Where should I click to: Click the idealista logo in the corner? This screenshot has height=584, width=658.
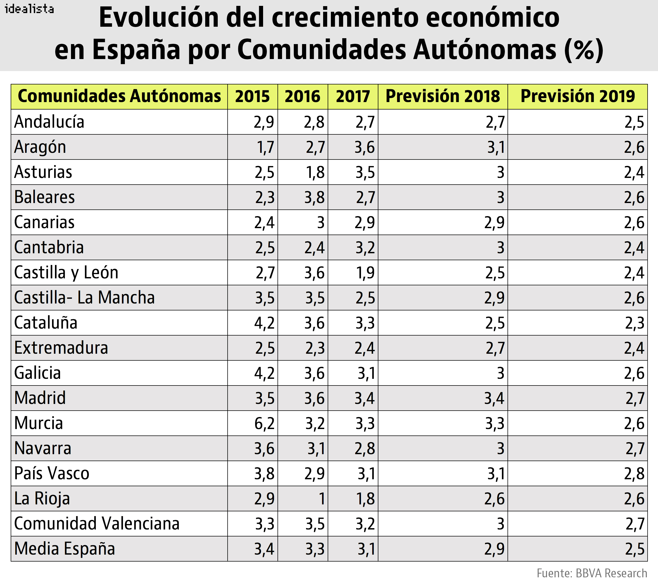pyautogui.click(x=29, y=9)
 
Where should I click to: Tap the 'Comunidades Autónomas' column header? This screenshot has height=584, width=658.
pyautogui.click(x=119, y=96)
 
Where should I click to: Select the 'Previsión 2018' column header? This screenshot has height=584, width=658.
pyautogui.click(x=443, y=96)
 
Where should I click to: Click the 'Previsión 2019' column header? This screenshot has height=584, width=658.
pyautogui.click(x=577, y=96)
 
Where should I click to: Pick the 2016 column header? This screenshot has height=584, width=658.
pyautogui.click(x=302, y=96)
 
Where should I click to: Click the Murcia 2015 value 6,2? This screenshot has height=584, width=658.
pyautogui.click(x=264, y=423)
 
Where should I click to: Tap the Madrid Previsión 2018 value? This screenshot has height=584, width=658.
pyautogui.click(x=494, y=398)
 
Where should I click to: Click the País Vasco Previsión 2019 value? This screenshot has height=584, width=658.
pyautogui.click(x=634, y=474)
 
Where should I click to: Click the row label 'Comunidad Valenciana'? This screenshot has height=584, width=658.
pyautogui.click(x=97, y=524)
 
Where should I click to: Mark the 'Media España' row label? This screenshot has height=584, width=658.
pyautogui.click(x=64, y=549)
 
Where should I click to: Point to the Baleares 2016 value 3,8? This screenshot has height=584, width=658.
pyautogui.click(x=315, y=198)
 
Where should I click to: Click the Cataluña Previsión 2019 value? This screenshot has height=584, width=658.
pyautogui.click(x=635, y=323)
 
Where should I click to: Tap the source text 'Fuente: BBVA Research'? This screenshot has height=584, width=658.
pyautogui.click(x=592, y=573)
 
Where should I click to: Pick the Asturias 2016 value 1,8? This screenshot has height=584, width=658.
pyautogui.click(x=315, y=172)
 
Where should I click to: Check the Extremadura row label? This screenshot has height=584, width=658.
pyautogui.click(x=61, y=348)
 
